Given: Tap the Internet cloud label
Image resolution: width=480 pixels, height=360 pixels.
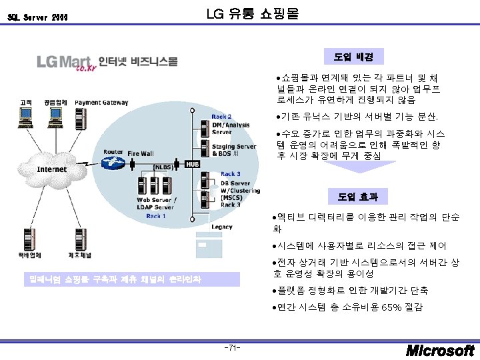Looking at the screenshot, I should tap(51, 169).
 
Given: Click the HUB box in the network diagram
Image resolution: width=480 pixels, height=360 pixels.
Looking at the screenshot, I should tap(193, 164).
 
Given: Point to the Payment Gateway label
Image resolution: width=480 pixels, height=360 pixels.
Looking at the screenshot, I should tap(101, 103).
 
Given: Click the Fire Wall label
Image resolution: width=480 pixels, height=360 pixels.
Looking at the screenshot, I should tap(140, 153).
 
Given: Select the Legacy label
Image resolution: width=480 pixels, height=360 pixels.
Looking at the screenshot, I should tap(221, 227).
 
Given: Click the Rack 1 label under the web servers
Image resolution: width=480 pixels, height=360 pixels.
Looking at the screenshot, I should tap(155, 216).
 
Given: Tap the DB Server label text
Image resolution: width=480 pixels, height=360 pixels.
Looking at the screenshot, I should tap(235, 183).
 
